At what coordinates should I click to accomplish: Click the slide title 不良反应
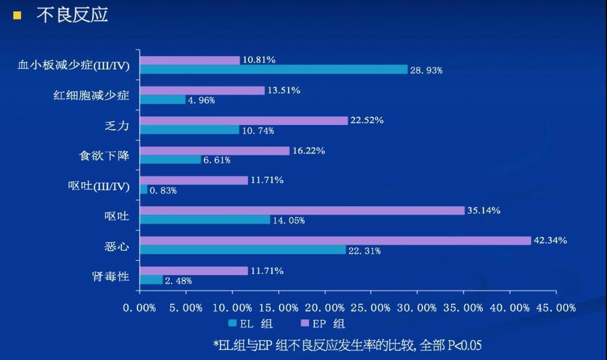coord(72,15)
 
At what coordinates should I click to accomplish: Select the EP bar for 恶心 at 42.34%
coord(335,240)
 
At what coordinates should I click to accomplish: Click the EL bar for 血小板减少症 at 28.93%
coord(273,69)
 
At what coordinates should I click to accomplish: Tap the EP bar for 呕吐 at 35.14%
coord(302,211)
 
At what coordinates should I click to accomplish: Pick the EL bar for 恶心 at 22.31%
coord(242,250)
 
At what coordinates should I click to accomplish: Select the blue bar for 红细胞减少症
coord(162,100)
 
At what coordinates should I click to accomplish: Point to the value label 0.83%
coord(163,190)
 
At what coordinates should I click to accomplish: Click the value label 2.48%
coord(178,281)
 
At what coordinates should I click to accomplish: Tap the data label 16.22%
coord(308,151)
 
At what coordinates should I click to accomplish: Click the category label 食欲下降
coord(104,155)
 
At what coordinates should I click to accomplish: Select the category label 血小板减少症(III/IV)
coord(74,65)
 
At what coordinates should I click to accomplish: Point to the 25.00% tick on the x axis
coord(371,308)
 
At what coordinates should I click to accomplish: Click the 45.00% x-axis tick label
coord(556,308)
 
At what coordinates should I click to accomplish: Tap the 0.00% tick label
coord(139,308)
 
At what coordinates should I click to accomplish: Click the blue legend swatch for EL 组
coord(232,324)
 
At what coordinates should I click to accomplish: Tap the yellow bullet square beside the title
coord(17,15)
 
